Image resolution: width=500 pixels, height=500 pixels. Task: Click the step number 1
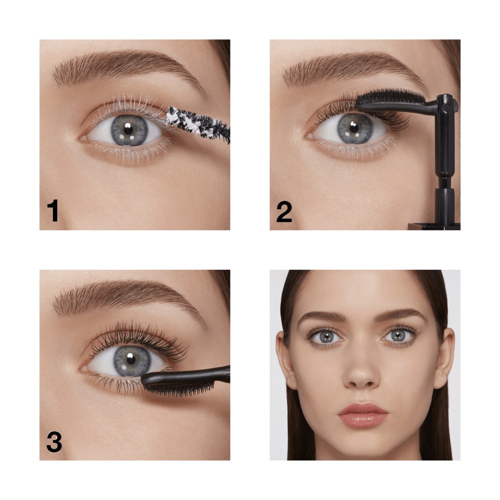[53, 210]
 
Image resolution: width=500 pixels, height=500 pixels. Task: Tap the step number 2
[284, 211]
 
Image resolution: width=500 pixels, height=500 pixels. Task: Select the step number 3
[54, 441]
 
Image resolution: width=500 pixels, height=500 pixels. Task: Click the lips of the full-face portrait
[363, 415]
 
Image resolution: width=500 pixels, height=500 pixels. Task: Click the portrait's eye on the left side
[325, 336]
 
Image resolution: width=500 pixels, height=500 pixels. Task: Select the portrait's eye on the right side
[399, 335]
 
